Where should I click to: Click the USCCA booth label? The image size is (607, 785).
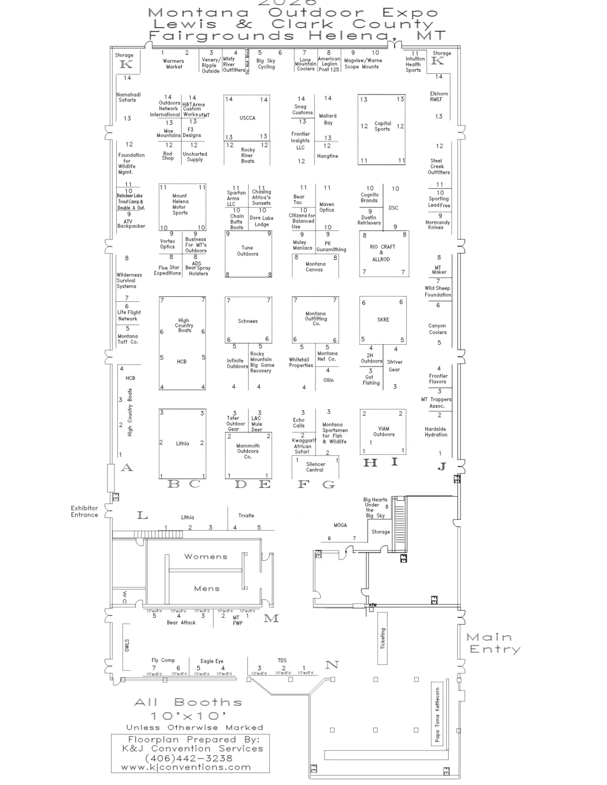coord(247,118)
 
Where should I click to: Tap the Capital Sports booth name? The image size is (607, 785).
coord(382,126)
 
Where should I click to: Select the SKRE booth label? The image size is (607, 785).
coord(383,320)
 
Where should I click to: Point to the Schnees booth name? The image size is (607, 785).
coord(248,321)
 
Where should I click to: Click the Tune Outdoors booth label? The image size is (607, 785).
coord(247,251)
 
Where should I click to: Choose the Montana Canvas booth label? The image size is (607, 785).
coord(315,267)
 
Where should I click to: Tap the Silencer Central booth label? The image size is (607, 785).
coord(315,467)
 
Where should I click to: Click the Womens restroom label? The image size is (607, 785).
coord(206,557)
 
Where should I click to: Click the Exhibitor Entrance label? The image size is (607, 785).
coord(84,512)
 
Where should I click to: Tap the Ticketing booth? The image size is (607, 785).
coord(383,638)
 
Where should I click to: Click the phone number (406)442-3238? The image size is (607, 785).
coord(189,758)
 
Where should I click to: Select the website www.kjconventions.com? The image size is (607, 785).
coord(186,767)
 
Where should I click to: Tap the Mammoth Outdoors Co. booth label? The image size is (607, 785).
coord(248,451)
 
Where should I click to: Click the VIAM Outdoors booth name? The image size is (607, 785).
coord(384,432)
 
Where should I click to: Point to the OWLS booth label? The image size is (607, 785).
coord(127,645)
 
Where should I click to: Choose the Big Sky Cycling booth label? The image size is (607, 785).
coord(266,64)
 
